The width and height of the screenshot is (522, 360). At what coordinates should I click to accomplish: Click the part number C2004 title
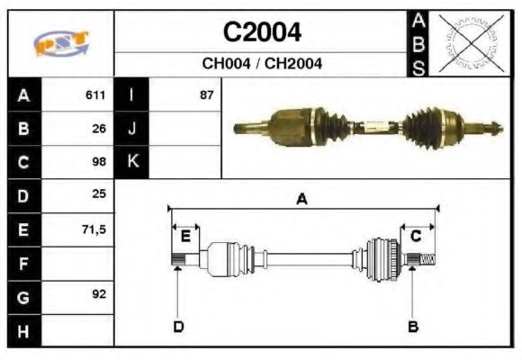pyautogui.click(x=262, y=33)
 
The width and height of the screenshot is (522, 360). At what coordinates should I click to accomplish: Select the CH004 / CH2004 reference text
pyautogui.click(x=262, y=64)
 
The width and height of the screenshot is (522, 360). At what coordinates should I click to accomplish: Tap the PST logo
pyautogui.click(x=60, y=44)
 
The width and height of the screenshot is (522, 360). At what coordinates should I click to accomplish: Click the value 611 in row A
pyautogui.click(x=95, y=94)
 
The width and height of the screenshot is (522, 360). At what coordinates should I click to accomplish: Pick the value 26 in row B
pyautogui.click(x=99, y=128)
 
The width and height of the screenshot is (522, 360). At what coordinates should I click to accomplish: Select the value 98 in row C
pyautogui.click(x=99, y=162)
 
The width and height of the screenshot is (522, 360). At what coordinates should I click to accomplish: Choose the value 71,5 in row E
pyautogui.click(x=94, y=229)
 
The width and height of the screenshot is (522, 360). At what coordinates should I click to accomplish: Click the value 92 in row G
pyautogui.click(x=99, y=295)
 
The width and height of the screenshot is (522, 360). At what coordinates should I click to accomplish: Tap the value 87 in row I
pyautogui.click(x=206, y=94)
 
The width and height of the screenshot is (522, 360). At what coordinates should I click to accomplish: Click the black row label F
pyautogui.click(x=23, y=264)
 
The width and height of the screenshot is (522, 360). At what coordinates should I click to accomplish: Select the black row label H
pyautogui.click(x=23, y=330)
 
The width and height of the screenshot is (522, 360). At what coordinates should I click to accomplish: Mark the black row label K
pyautogui.click(x=132, y=162)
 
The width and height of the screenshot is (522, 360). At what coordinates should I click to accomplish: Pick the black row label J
pyautogui.click(x=132, y=128)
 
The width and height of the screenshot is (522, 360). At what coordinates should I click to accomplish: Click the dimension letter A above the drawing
pyautogui.click(x=301, y=199)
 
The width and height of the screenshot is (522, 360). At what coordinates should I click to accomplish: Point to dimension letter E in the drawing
pyautogui.click(x=185, y=237)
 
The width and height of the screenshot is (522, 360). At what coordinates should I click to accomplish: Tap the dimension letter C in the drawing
pyautogui.click(x=416, y=236)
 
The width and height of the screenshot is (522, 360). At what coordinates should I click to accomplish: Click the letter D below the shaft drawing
pyautogui.click(x=178, y=326)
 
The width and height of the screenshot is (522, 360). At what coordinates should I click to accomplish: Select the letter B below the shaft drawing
pyautogui.click(x=412, y=326)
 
